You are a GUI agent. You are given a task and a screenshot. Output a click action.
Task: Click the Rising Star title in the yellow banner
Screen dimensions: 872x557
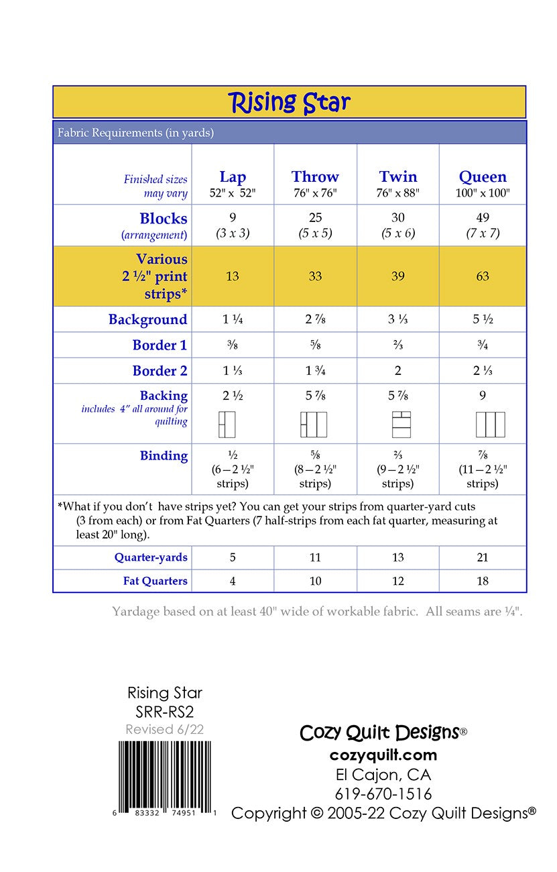click(x=289, y=102)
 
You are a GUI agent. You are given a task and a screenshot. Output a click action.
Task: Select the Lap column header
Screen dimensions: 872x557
click(x=233, y=177)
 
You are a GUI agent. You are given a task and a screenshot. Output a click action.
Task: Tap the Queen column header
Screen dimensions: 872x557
click(x=483, y=177)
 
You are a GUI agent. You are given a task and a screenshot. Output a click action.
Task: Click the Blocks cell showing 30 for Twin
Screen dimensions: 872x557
click(x=398, y=218)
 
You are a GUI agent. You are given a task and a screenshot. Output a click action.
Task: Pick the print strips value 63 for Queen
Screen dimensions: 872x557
click(x=483, y=276)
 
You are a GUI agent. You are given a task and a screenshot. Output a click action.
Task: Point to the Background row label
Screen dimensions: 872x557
click(x=147, y=319)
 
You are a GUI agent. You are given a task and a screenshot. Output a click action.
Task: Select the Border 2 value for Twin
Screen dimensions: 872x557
click(x=398, y=370)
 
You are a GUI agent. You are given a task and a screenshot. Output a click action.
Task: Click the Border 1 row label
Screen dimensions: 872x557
click(x=160, y=345)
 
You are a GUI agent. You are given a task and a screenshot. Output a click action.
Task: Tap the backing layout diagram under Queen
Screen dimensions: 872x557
click(x=490, y=425)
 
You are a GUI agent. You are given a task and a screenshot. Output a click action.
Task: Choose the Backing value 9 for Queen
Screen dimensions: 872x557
click(x=483, y=396)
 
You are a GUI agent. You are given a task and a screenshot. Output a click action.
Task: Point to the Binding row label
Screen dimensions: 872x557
click(x=164, y=456)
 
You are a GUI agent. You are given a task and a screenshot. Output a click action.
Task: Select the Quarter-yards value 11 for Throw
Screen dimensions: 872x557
click(x=315, y=557)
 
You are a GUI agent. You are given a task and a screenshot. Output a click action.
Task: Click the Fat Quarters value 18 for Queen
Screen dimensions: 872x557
click(x=483, y=581)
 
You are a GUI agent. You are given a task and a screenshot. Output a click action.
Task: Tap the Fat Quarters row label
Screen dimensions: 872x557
click(x=155, y=581)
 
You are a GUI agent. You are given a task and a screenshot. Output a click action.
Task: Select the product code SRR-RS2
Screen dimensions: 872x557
click(x=165, y=712)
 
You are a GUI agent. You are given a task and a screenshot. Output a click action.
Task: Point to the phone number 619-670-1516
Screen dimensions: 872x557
click(x=383, y=794)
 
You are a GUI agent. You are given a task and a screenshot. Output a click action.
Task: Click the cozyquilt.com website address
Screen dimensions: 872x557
click(x=383, y=755)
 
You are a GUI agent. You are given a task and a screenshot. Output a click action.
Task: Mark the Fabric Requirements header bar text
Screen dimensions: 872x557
click(x=135, y=133)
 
